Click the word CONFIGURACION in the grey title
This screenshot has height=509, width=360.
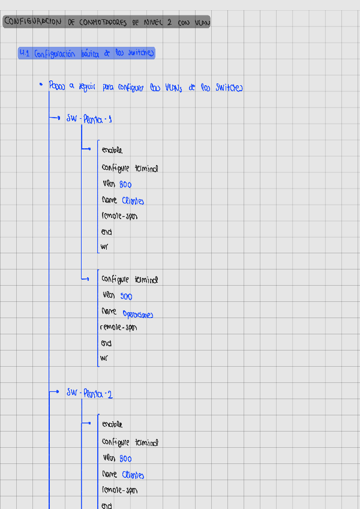(x=32, y=22)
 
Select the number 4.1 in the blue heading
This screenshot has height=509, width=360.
(x=25, y=53)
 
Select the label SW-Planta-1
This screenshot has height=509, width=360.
(x=89, y=119)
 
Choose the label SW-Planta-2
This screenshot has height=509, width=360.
(x=89, y=394)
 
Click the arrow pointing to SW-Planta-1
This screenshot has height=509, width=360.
(x=55, y=119)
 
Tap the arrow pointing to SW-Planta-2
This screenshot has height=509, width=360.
(x=55, y=393)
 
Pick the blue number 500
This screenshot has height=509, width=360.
(x=126, y=297)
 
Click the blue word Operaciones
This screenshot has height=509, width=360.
(x=138, y=314)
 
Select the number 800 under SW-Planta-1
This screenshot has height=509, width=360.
(x=125, y=185)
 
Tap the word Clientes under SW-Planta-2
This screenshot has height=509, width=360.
(x=133, y=475)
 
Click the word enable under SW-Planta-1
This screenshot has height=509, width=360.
(x=112, y=150)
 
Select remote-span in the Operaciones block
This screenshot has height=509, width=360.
(x=118, y=328)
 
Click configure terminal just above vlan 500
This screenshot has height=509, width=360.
(x=130, y=280)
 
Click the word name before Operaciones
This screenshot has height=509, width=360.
(x=109, y=312)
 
